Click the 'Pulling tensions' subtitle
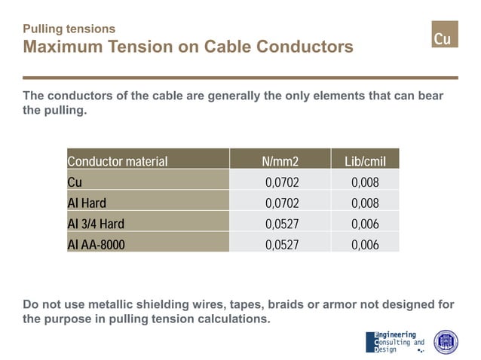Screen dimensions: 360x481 point(69,29)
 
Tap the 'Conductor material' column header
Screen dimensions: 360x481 point(118,161)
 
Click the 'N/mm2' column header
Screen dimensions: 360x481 point(280,161)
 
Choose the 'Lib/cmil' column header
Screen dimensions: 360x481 point(365,161)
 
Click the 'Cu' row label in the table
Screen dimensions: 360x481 point(75,182)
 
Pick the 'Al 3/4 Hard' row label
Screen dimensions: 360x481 point(96,224)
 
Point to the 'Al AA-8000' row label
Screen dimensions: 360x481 point(97,244)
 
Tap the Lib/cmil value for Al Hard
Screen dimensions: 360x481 point(365,203)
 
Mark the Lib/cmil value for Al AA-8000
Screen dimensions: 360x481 point(365,244)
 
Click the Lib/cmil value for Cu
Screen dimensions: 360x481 point(365,182)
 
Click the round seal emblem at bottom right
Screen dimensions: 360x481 point(446,342)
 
